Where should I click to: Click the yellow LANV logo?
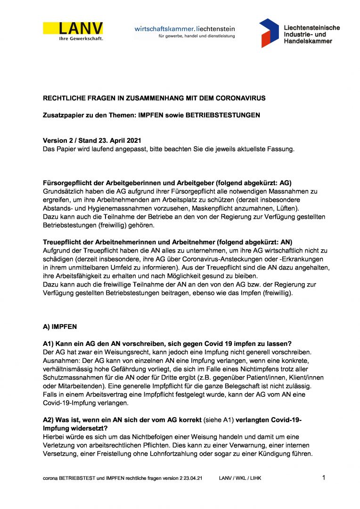(x=73, y=28)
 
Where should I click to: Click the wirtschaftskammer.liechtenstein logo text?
(x=184, y=29)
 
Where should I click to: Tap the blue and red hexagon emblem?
(x=269, y=33)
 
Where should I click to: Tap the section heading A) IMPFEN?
(x=59, y=326)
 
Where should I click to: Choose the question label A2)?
(x=49, y=420)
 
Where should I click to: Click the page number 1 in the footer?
(x=324, y=478)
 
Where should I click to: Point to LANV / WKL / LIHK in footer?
(x=240, y=478)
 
